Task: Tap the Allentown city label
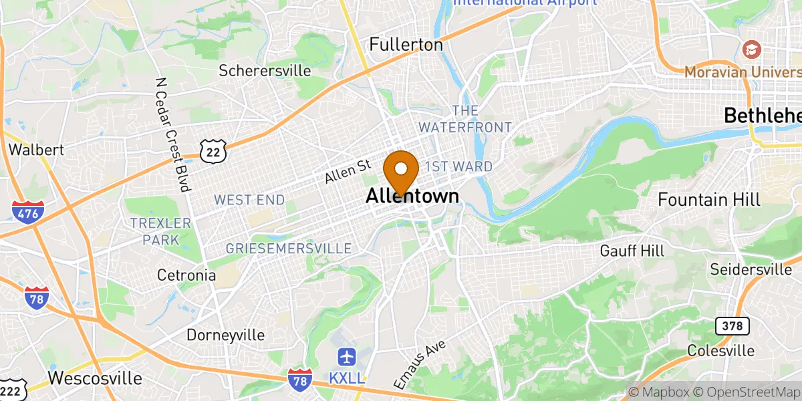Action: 412,196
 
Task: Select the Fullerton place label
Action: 406,45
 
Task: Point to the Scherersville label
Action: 265,70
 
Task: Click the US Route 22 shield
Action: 213,150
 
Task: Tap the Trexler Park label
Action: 160,231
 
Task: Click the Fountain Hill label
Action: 708,199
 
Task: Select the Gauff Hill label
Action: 632,251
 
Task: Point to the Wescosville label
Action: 95,378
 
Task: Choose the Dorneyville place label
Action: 225,335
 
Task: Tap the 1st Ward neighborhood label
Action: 458,166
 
